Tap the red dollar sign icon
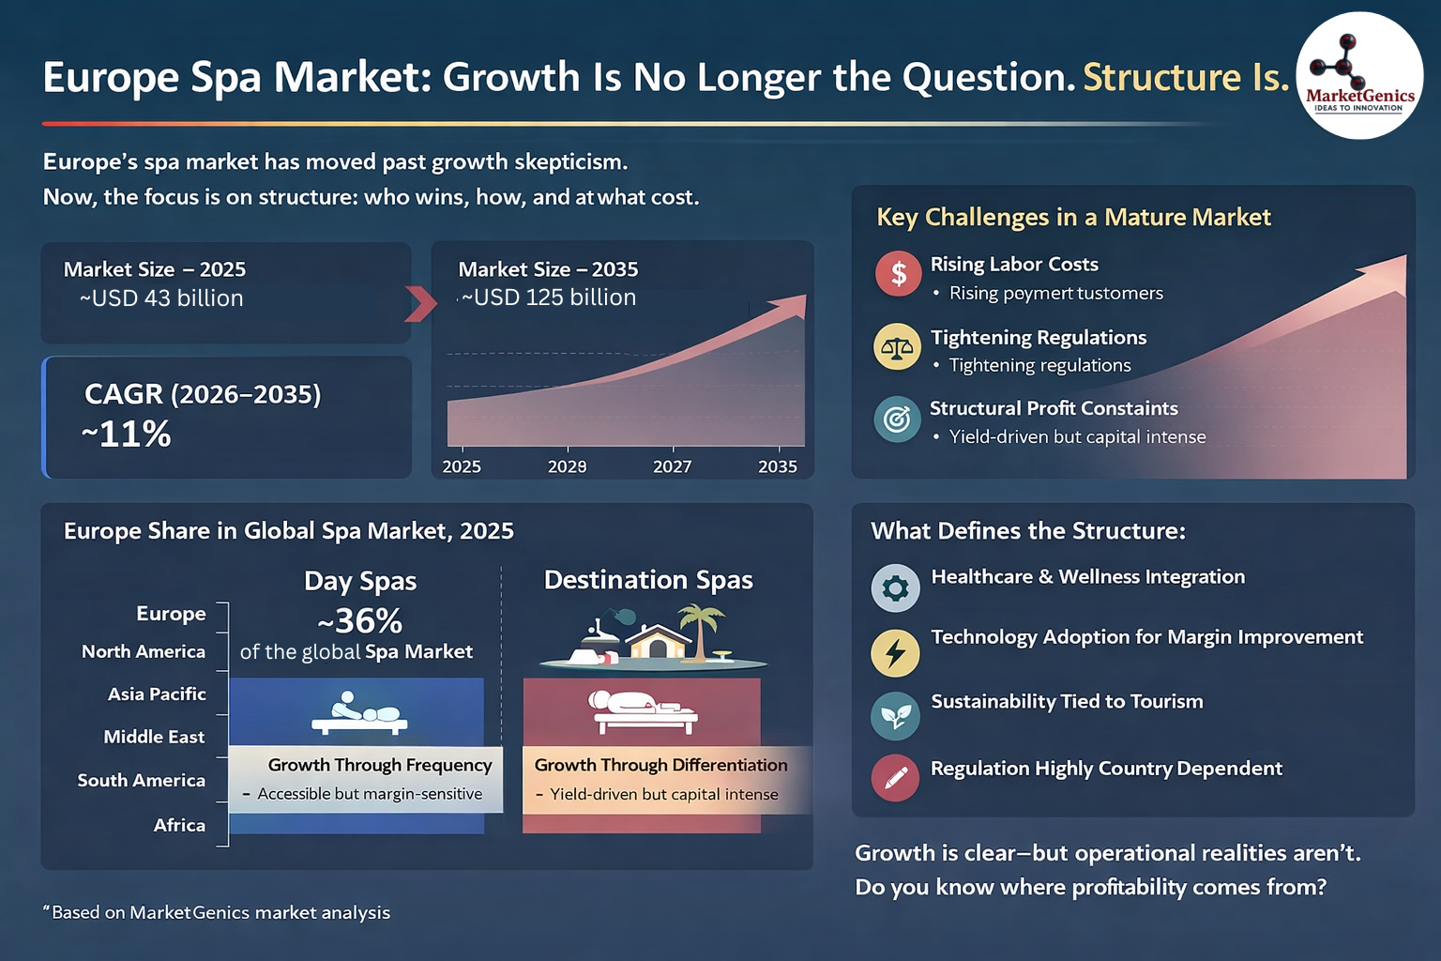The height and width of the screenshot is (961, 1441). click(x=898, y=273)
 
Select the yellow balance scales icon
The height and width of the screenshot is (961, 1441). click(x=897, y=346)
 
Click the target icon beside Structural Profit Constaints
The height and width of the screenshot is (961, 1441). click(x=897, y=419)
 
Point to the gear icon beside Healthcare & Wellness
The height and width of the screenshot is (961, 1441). click(x=895, y=588)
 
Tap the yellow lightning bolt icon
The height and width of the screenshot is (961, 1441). click(x=895, y=653)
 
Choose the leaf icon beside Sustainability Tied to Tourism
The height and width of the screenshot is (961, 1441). click(x=895, y=716)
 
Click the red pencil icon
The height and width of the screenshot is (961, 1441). click(x=895, y=777)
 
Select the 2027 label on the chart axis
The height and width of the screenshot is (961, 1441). click(x=672, y=466)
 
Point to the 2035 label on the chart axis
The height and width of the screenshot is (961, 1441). click(x=777, y=466)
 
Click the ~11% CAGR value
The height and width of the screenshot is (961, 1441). click(x=127, y=434)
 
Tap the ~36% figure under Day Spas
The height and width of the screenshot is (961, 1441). click(x=360, y=620)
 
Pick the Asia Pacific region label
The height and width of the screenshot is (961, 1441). click(x=157, y=694)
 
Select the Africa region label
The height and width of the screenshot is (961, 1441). click(x=179, y=825)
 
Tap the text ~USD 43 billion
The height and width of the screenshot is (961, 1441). click(x=161, y=298)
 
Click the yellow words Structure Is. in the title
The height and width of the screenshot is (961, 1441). click(x=1186, y=77)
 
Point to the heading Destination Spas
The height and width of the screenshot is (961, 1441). click(x=648, y=580)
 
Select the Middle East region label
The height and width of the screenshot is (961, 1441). click(x=154, y=737)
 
